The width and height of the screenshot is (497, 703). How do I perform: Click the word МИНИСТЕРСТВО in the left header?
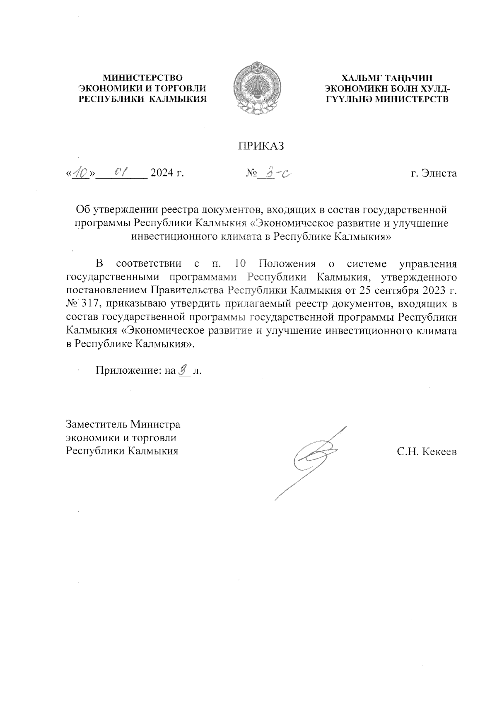[142, 77]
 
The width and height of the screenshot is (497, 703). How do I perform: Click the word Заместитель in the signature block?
[97, 425]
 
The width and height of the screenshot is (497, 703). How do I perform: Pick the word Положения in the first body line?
[287, 263]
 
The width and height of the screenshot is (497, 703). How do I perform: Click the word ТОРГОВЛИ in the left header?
[184, 88]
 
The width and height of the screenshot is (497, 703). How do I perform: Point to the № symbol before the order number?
[251, 173]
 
